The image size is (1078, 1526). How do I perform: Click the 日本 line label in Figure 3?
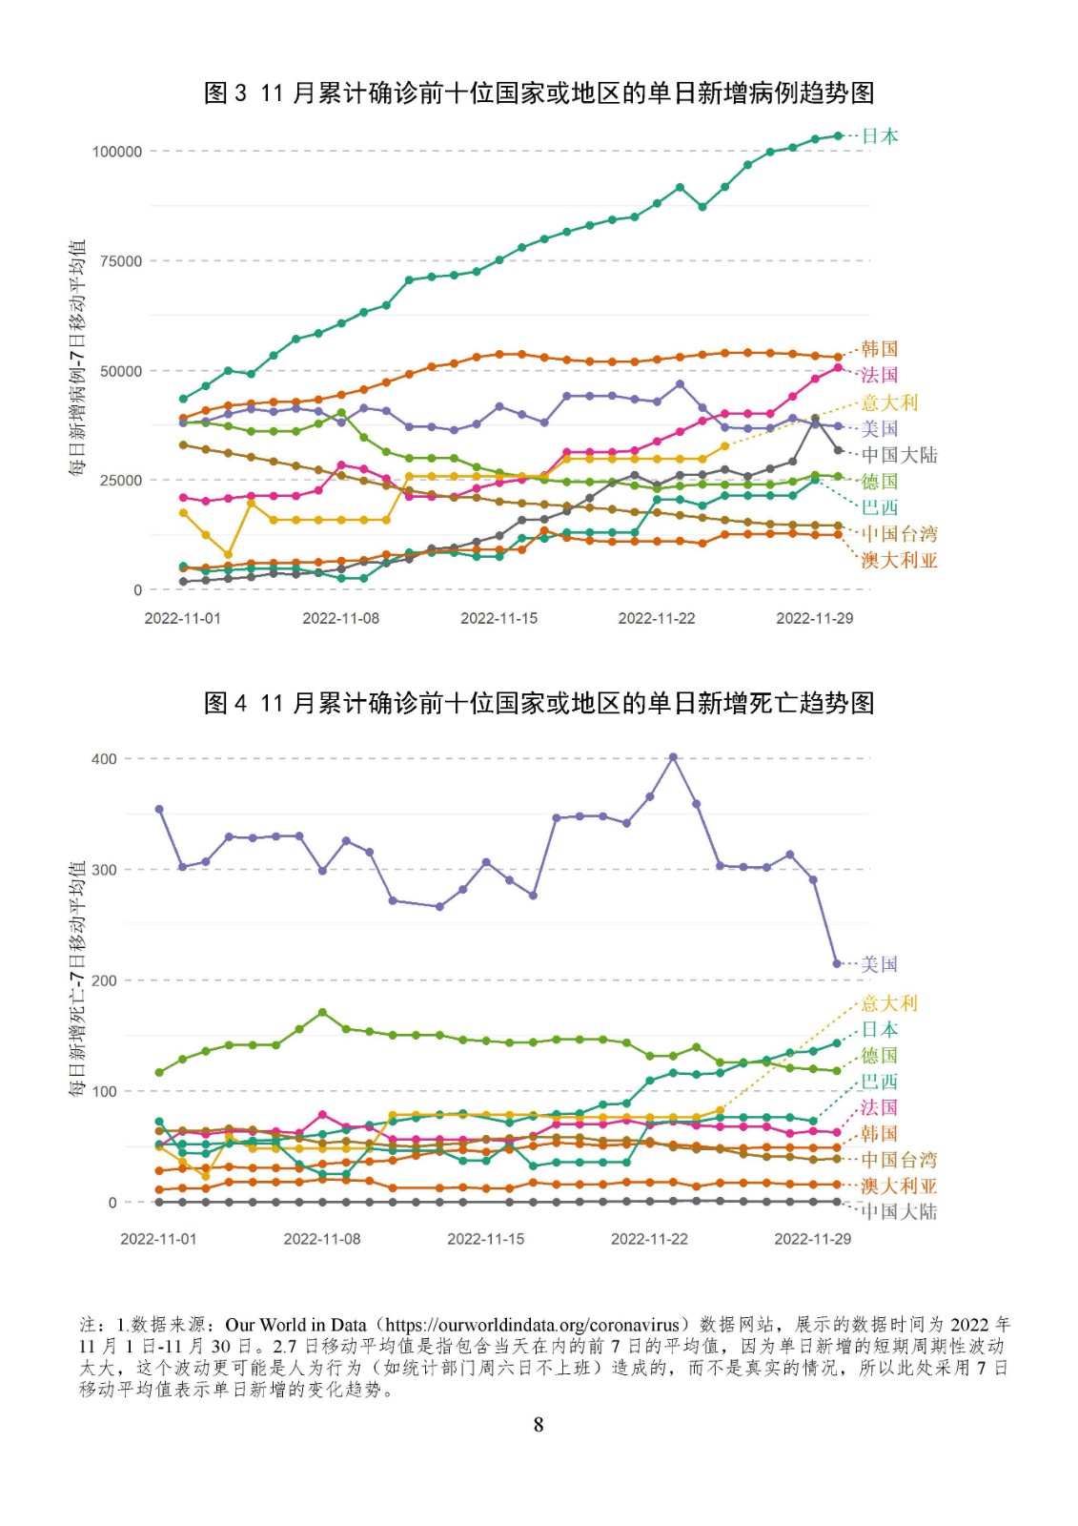coord(880,136)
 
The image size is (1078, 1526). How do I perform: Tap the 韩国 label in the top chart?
coord(880,349)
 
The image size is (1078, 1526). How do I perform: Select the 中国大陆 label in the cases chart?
coord(900,454)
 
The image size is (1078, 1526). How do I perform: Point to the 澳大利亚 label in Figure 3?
coord(900,560)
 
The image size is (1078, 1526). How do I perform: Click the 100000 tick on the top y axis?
coord(117,152)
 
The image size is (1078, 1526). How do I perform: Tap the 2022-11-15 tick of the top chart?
coord(498,618)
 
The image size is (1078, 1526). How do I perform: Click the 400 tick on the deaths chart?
coord(104,758)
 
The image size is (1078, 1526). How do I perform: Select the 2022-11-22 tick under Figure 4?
coord(649,1239)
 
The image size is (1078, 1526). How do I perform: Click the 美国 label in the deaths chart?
coord(880,964)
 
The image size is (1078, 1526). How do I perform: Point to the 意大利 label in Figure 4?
coord(889,1002)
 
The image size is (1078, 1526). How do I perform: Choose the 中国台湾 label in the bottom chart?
coord(900,1159)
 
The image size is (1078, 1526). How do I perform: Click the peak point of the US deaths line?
coord(673,757)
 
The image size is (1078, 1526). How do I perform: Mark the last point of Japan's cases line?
coord(839,135)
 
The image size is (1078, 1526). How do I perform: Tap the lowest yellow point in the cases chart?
coord(228,554)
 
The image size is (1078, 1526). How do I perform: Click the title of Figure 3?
coord(539,93)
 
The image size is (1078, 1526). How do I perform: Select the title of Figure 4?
coord(539,702)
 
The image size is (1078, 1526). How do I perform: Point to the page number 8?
coord(539,1425)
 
